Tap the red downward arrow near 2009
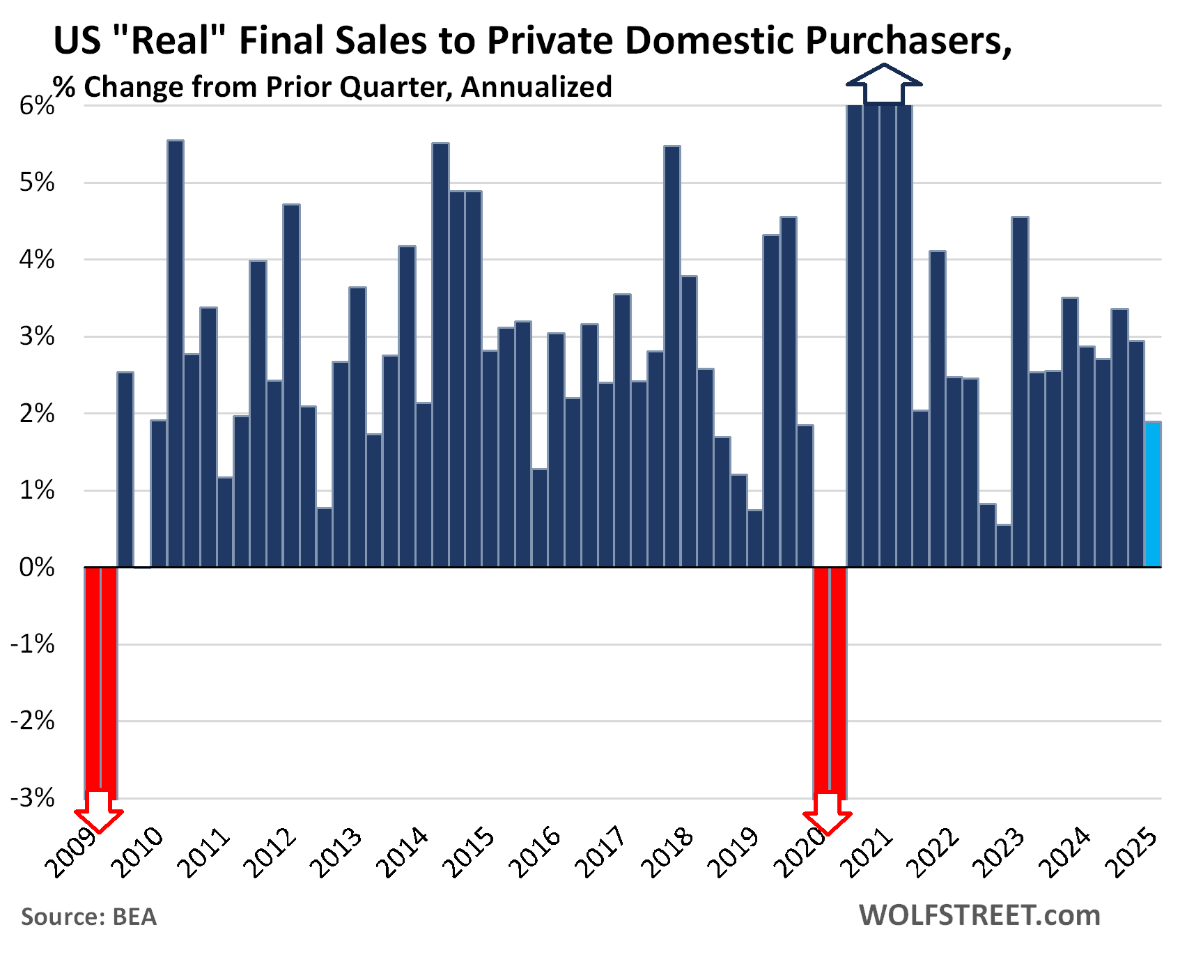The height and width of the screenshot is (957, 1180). tap(99, 811)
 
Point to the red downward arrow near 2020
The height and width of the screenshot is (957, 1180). tap(828, 814)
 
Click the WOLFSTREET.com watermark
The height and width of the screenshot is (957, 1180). tap(979, 915)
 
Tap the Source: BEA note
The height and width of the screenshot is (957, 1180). tap(89, 917)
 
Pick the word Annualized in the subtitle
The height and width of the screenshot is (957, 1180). tap(536, 87)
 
